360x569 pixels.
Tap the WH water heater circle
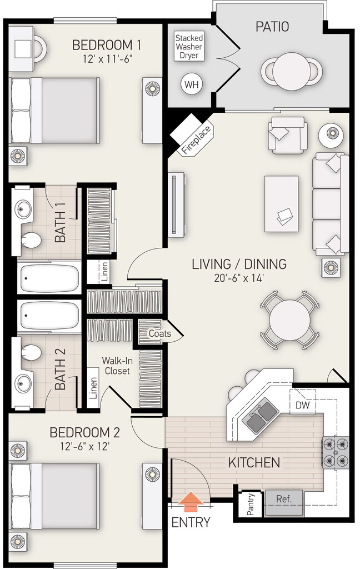[192, 84]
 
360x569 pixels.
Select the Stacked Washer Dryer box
[189, 47]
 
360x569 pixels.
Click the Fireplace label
[196, 139]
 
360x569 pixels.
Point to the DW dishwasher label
[303, 405]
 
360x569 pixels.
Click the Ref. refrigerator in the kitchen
[284, 502]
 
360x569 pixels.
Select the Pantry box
[251, 505]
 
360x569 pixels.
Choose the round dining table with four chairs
[289, 320]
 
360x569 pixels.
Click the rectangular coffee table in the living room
[281, 203]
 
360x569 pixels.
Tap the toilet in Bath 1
[31, 240]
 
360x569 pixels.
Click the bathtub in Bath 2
[49, 316]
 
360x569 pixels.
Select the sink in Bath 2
[23, 383]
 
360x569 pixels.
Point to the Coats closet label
[159, 333]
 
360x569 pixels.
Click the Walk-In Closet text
[117, 366]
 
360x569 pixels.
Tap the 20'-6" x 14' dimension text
[238, 278]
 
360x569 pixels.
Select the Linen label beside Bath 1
[104, 272]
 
